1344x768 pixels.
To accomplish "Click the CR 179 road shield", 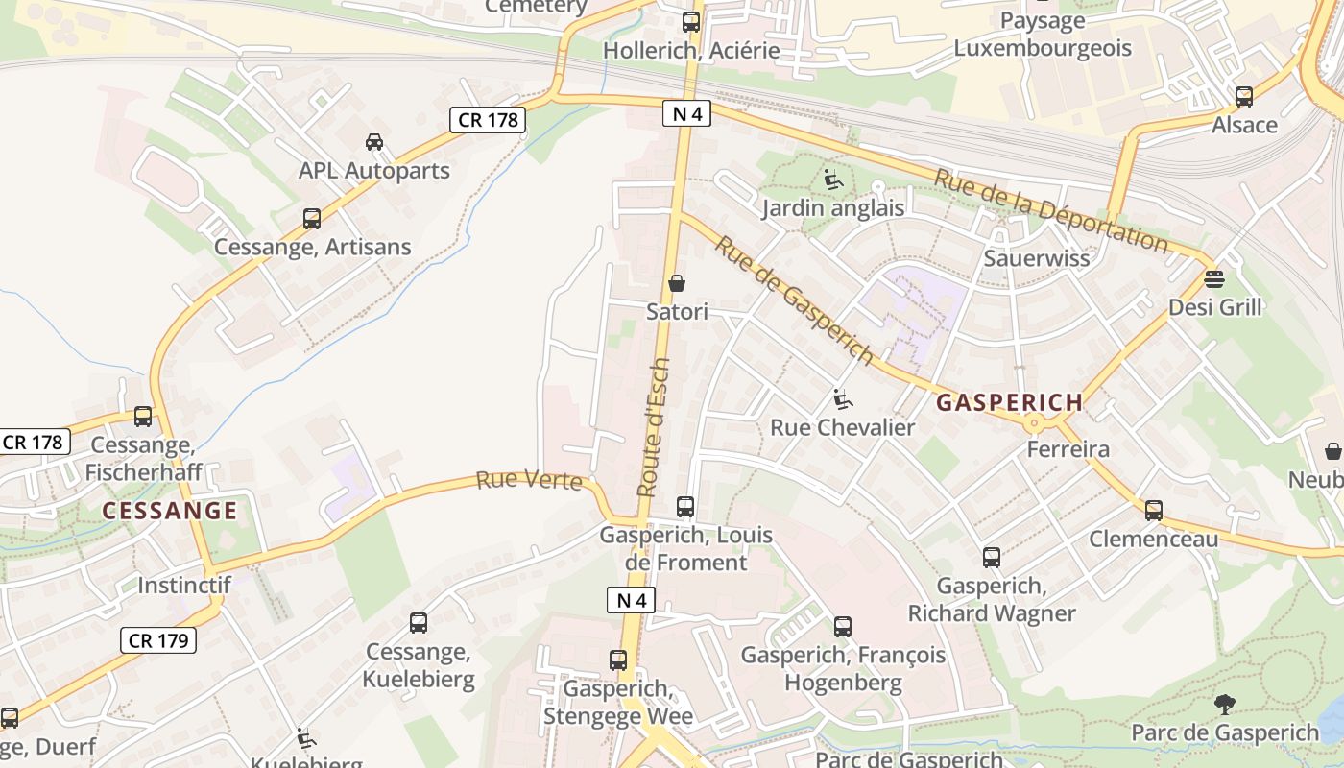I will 158,640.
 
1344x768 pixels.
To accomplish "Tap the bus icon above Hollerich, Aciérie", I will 691,21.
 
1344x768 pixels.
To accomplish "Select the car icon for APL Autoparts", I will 374,142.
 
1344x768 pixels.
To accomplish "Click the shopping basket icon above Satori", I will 677,283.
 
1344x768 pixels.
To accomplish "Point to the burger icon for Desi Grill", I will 1214,279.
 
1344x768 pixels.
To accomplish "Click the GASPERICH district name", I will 1009,403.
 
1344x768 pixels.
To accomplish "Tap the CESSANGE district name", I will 170,511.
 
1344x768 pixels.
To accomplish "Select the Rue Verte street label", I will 529,480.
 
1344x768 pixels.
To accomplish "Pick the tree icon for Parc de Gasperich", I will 1224,705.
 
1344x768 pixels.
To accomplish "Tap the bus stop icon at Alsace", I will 1244,96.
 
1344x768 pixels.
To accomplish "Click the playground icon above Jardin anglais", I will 833,180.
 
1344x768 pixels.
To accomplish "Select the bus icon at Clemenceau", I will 1154,511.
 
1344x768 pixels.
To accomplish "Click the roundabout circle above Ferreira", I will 1033,422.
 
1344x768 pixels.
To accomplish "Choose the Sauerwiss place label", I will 1037,258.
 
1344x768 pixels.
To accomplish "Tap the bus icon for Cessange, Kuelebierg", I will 419,623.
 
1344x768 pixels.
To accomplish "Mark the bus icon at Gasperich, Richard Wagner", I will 992,557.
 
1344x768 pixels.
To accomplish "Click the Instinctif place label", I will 183,585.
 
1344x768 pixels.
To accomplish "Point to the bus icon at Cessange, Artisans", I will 312,219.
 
